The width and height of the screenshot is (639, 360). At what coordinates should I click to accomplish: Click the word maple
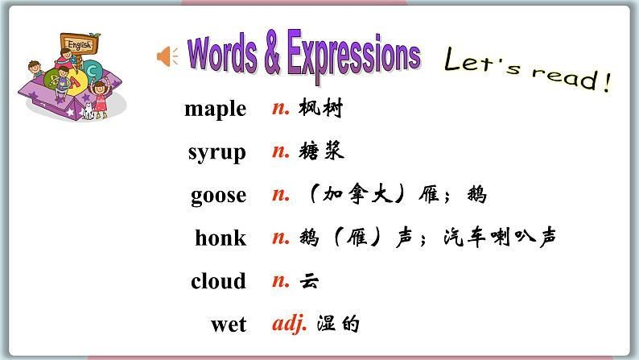(215, 108)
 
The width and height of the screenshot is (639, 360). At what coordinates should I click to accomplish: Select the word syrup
(216, 151)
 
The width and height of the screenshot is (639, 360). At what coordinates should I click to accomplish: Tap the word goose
(218, 195)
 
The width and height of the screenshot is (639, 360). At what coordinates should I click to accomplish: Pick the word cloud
(218, 281)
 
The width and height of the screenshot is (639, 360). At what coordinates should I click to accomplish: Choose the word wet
(228, 325)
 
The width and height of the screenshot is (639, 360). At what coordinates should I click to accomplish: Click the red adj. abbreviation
(290, 325)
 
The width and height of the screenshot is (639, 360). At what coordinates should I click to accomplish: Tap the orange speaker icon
(167, 56)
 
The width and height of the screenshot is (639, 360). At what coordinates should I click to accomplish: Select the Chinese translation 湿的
(338, 325)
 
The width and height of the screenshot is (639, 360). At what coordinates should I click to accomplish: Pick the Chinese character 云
(309, 281)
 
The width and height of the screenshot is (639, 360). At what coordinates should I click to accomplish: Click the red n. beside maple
(280, 108)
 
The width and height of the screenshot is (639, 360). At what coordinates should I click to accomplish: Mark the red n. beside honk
(280, 238)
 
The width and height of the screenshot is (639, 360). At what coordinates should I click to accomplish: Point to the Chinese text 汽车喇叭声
(509, 238)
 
